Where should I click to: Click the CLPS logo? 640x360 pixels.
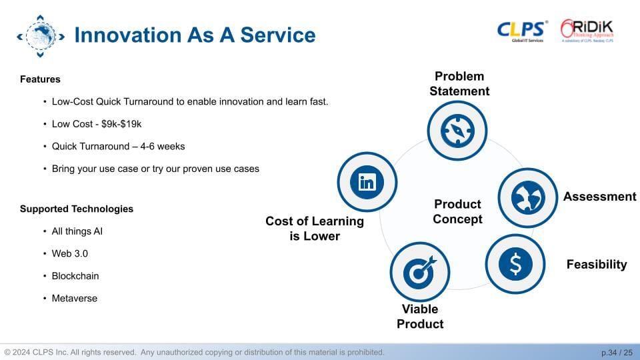522,31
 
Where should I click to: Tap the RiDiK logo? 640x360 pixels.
587,31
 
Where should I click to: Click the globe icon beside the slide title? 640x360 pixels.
41,36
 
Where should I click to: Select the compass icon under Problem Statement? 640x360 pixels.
457,131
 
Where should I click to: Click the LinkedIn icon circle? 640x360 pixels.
367,182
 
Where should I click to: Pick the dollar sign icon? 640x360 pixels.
515,264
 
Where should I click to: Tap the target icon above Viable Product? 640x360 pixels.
419,272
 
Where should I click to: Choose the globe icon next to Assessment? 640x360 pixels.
528,197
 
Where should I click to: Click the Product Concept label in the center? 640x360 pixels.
457,211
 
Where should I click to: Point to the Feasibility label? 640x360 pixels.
596,265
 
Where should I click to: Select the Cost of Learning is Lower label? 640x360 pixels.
315,229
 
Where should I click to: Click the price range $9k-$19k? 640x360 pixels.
121,124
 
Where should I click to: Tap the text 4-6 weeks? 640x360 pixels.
163,146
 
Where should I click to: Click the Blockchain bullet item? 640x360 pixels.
75,276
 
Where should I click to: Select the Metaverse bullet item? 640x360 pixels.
74,299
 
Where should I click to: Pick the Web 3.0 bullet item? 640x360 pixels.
70,253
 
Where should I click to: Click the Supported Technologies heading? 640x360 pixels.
77,209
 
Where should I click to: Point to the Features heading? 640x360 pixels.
40,79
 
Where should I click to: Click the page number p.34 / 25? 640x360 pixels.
617,352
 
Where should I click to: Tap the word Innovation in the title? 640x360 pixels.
128,35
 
